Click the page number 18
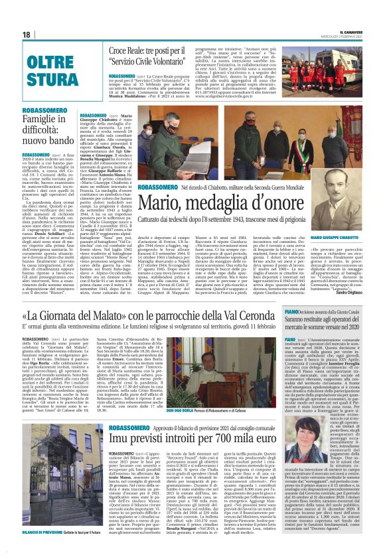[27, 35]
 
